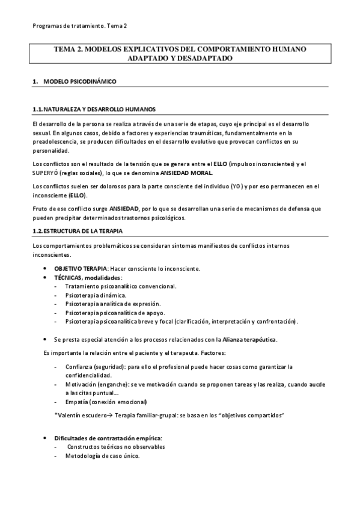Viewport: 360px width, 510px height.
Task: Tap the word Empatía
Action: click(78, 402)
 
